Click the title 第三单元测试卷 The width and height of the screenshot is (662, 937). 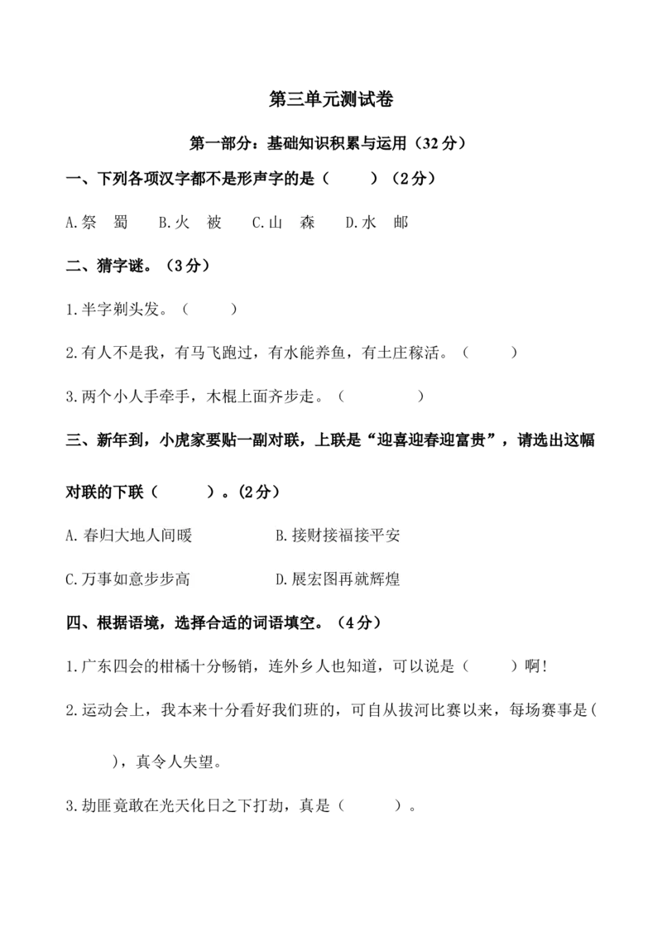tap(331, 99)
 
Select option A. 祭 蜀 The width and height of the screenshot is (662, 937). tap(97, 223)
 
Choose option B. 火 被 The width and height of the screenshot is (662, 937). tap(190, 223)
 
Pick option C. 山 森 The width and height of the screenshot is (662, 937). tap(283, 223)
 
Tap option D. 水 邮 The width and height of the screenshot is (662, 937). tap(377, 223)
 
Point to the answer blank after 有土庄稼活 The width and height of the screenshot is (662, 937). tap(490, 353)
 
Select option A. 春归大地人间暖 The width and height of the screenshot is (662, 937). tap(128, 536)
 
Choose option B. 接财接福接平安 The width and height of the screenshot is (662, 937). tap(338, 536)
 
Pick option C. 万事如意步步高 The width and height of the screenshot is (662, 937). tap(127, 579)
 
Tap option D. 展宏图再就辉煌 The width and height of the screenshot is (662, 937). tap(338, 579)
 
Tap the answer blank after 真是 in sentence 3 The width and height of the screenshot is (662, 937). tap(369, 805)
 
